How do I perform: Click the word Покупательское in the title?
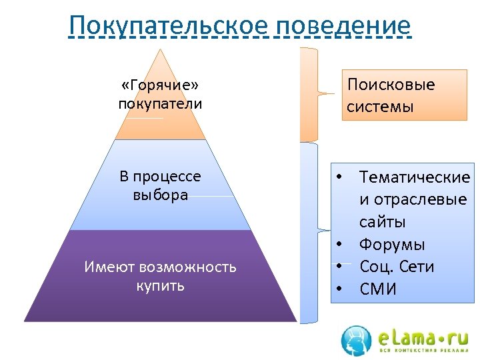(168, 25)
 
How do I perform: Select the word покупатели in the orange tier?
(160, 104)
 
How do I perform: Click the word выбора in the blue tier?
(160, 195)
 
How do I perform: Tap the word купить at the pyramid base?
(160, 286)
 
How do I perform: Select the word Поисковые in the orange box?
(391, 85)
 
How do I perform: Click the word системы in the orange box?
(380, 107)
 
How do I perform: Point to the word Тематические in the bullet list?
(415, 177)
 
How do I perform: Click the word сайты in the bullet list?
(383, 222)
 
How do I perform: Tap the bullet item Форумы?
(392, 245)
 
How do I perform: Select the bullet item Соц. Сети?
(397, 267)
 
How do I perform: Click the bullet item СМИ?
(378, 289)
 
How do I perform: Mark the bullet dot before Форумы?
(339, 244)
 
